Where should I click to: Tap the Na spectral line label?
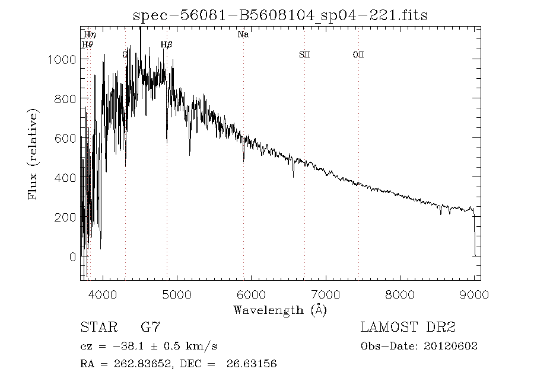pos(243,34)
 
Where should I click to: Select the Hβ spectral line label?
pos(166,44)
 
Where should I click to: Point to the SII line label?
pos(304,54)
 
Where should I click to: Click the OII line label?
pos(358,54)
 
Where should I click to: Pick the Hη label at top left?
pos(90,35)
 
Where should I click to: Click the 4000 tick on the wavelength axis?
pos(103,294)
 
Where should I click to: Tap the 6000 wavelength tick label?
pos(252,294)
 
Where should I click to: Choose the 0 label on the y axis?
pos(72,257)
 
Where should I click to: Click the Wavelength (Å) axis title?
pos(280,309)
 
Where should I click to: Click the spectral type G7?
pos(150,327)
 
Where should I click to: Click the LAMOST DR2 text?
pos(408,327)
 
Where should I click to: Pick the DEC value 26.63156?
pos(252,364)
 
